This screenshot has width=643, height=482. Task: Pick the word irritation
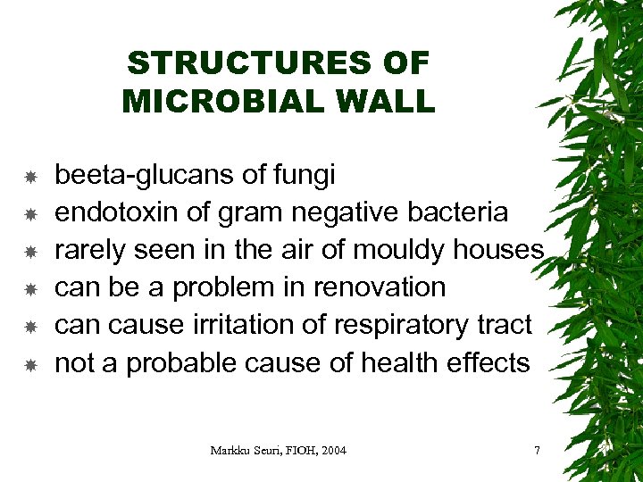pyautogui.click(x=252, y=325)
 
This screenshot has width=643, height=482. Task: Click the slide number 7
pyautogui.click(x=536, y=450)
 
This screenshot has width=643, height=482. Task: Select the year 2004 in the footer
pyautogui.click(x=330, y=450)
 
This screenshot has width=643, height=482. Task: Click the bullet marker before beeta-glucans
pyautogui.click(x=29, y=177)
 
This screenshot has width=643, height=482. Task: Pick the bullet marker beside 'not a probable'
pyautogui.click(x=29, y=364)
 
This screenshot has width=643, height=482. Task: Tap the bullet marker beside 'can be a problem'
pyautogui.click(x=29, y=289)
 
